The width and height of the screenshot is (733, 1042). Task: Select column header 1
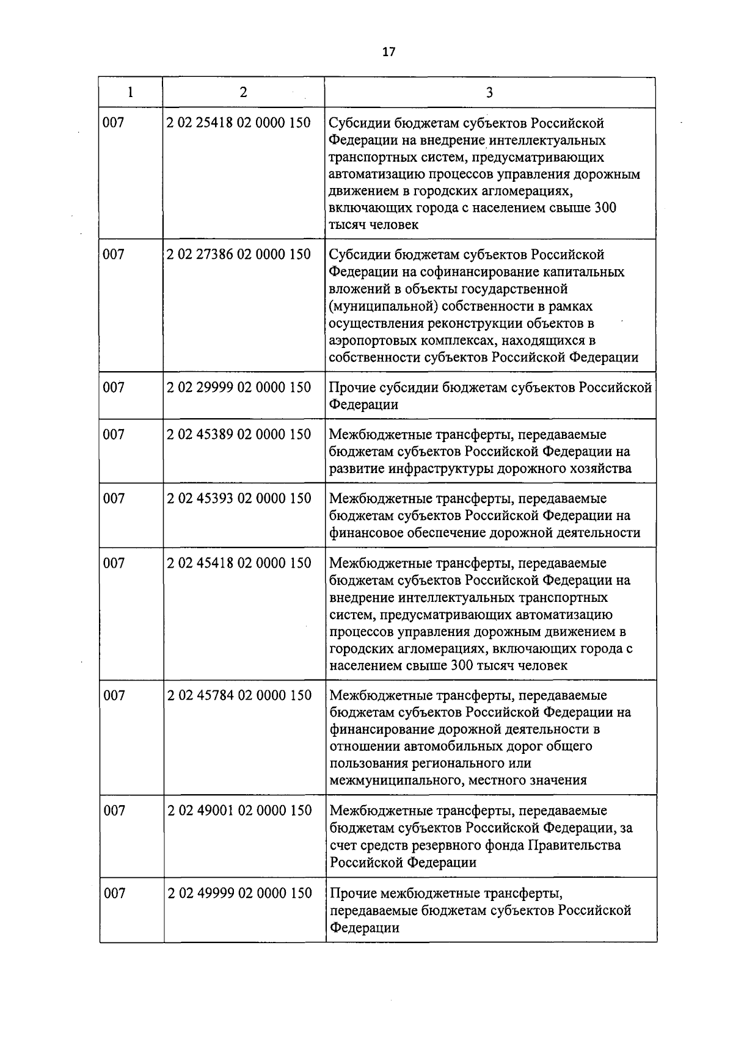[130, 92]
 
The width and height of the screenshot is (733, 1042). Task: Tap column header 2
[243, 92]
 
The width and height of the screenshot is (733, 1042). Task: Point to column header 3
[489, 93]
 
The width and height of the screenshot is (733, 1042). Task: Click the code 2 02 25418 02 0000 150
[239, 123]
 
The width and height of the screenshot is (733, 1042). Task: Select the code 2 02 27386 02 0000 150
[239, 254]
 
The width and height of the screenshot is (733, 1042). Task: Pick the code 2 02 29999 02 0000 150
[239, 387]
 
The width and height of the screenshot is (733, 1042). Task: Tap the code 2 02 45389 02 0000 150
[239, 435]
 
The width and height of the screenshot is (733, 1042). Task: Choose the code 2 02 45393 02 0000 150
[239, 499]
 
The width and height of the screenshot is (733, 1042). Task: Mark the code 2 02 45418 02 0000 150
[239, 563]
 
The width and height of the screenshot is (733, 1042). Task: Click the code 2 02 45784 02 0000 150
[239, 695]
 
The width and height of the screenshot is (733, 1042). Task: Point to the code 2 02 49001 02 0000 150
[239, 811]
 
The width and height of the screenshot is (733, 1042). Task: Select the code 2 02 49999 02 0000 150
[239, 894]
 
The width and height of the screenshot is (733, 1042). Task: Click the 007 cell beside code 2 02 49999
[114, 894]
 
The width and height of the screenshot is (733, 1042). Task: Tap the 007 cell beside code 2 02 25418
[114, 123]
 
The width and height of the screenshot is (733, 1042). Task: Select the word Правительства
[574, 845]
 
